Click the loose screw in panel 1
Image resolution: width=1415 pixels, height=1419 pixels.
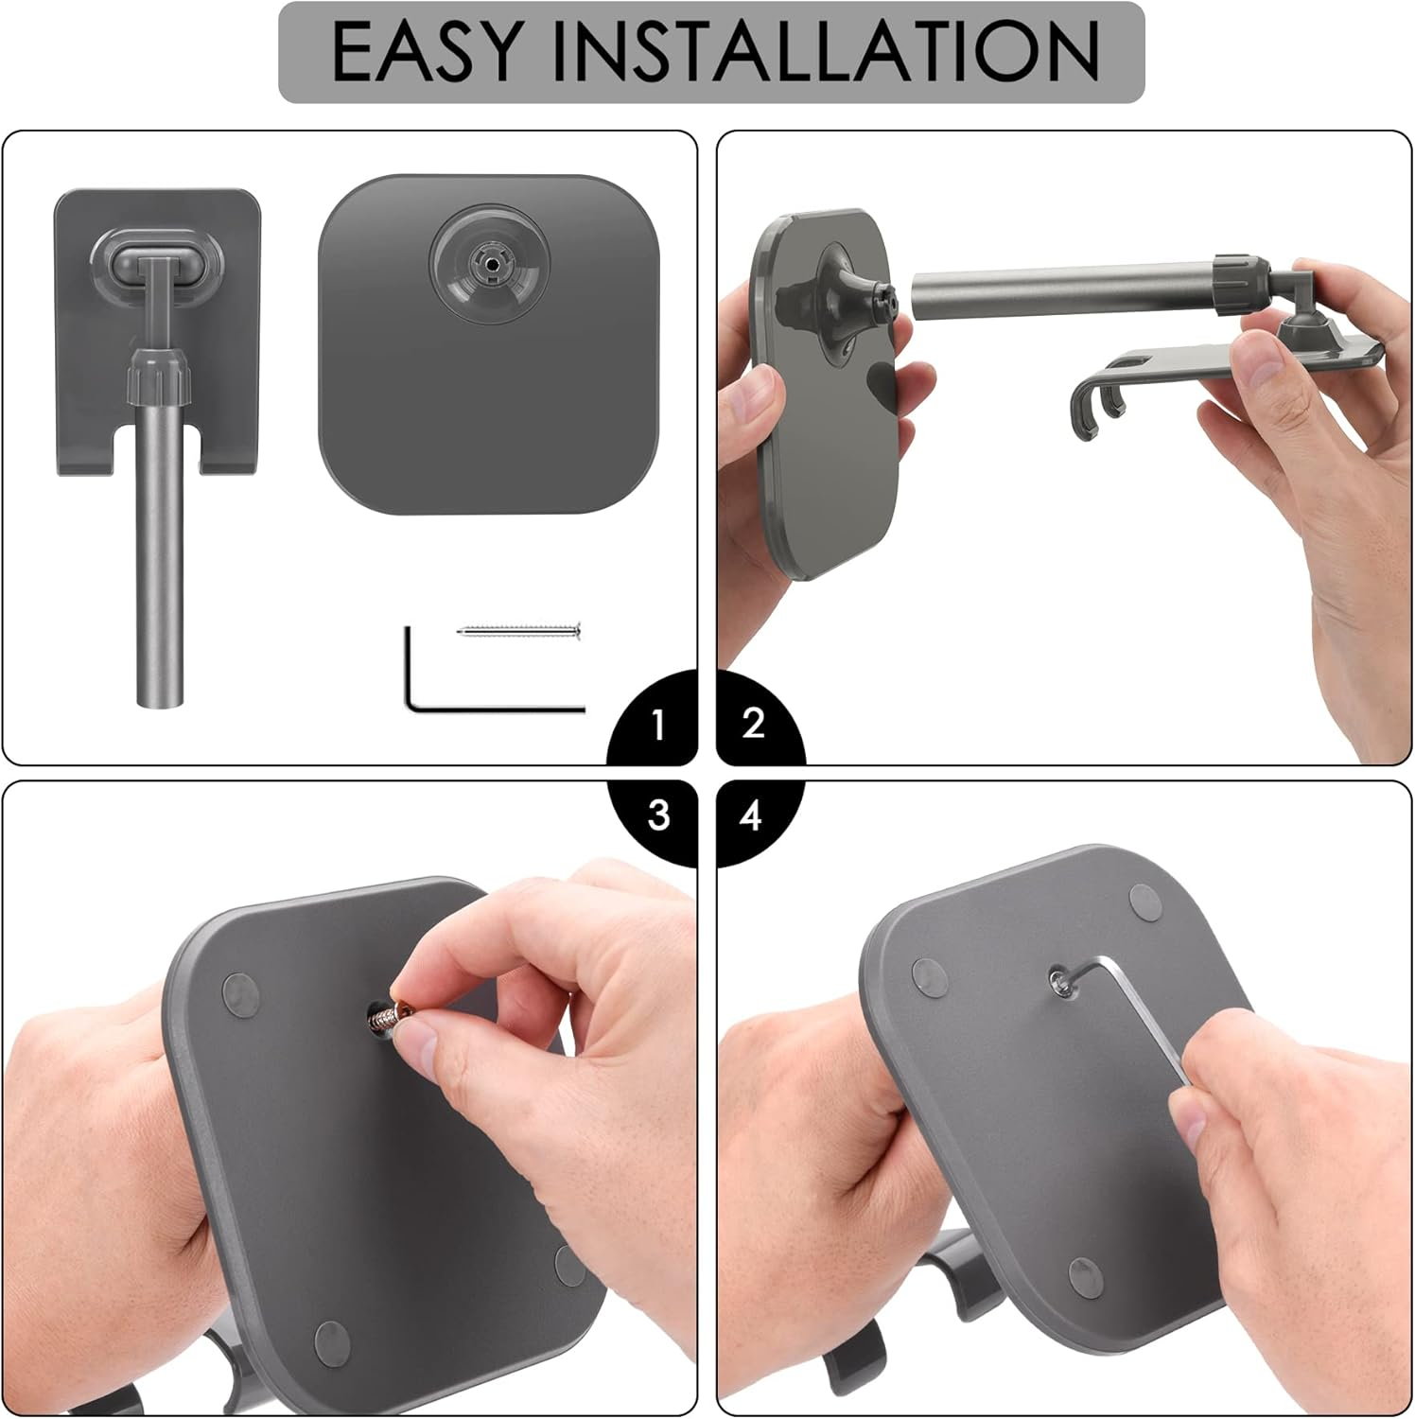[x=518, y=631]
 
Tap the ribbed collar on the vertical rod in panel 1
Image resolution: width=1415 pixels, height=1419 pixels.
[x=159, y=377]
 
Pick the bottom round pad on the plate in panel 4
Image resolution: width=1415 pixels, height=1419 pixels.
[x=1085, y=1276]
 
